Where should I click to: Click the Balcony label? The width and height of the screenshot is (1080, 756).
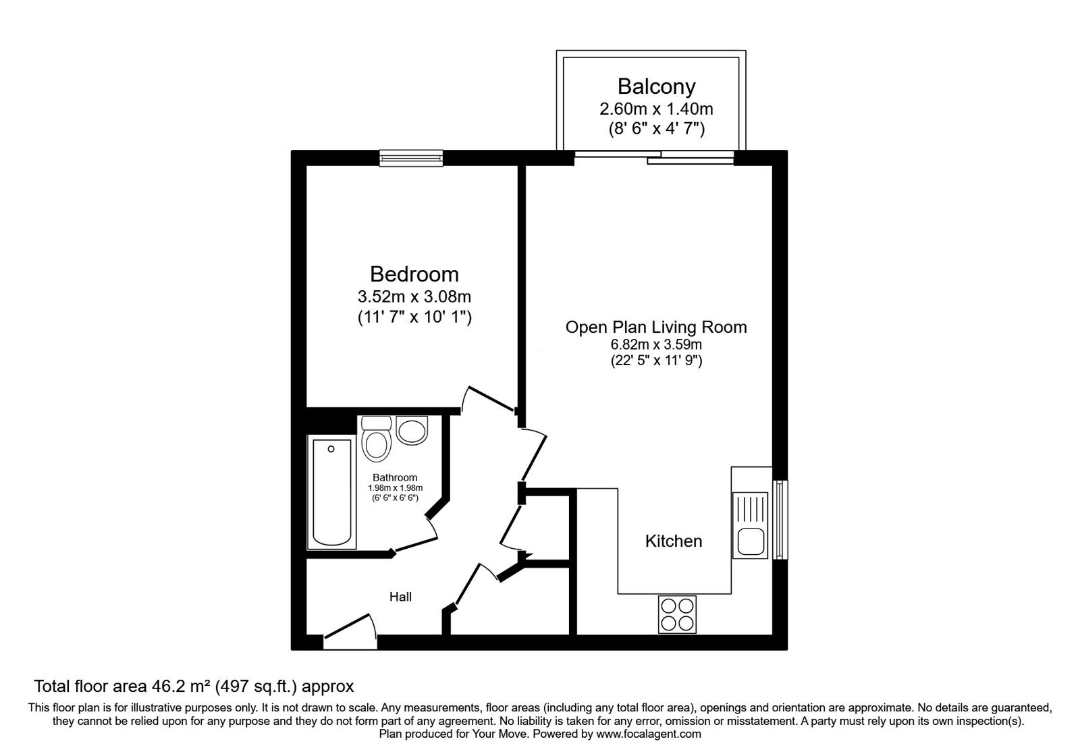coord(656,86)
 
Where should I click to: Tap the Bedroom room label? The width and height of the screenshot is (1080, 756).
coord(414,274)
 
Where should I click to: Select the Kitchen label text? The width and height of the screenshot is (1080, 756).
coord(674,541)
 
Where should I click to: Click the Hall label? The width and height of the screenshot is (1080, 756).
coord(400,597)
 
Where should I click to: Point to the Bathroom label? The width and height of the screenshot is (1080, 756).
coord(395,477)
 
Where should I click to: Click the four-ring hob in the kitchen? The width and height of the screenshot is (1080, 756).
coord(677,614)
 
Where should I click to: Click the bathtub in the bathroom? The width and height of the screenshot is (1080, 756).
coord(331,493)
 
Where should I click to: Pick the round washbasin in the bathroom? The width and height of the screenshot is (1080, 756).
coord(412,430)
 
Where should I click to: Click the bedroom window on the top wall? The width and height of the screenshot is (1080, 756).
coord(411,157)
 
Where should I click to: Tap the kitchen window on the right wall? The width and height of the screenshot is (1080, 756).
coord(780,520)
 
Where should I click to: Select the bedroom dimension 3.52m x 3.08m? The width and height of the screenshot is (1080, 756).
coord(414,296)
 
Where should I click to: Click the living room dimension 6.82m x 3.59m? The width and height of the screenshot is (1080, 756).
coord(655,345)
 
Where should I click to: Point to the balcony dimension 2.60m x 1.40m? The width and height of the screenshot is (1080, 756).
coord(656,108)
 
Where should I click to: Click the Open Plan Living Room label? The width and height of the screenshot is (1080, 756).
coord(655,327)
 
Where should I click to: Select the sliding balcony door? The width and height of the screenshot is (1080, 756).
coord(653,157)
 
